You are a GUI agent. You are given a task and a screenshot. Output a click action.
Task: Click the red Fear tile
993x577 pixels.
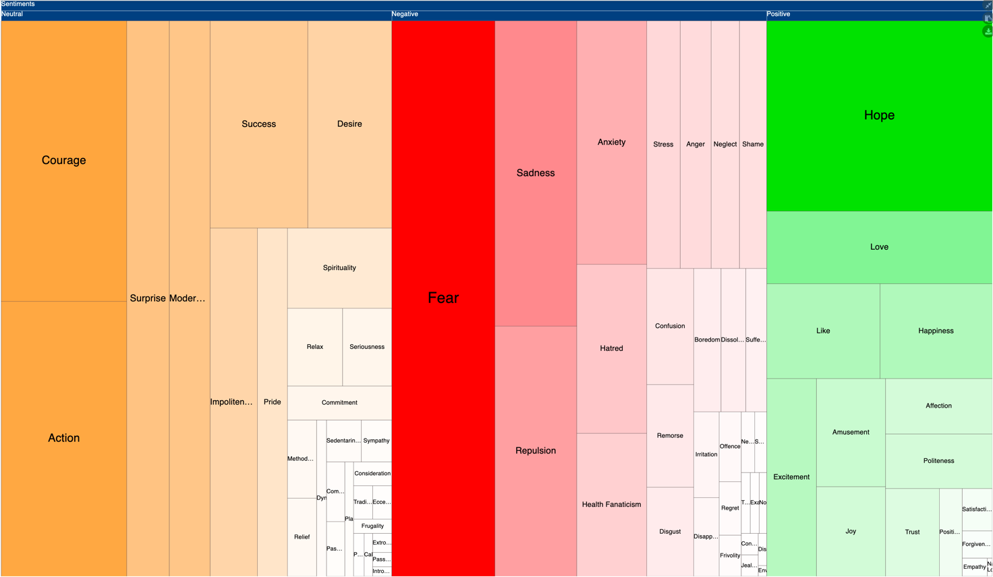tap(443, 298)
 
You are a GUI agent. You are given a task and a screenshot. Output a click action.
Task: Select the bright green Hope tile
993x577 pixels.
tap(879, 115)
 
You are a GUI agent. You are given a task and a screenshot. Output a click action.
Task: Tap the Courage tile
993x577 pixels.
tap(63, 161)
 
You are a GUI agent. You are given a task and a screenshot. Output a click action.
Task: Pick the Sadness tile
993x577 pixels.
tap(536, 173)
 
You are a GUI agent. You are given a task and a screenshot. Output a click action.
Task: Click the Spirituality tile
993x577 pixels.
tap(339, 268)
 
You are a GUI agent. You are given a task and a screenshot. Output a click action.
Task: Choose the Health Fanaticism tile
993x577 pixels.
tap(611, 504)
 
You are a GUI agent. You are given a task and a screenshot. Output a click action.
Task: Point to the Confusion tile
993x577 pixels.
tap(670, 326)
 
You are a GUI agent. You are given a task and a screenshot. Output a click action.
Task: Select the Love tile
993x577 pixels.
tap(879, 247)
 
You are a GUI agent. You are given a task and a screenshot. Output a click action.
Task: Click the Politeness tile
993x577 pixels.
tap(938, 461)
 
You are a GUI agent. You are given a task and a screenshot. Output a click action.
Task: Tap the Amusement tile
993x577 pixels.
tap(851, 432)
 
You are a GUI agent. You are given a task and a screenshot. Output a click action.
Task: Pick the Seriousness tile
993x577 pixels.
tap(367, 347)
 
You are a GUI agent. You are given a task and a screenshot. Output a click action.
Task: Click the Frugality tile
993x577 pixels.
tap(372, 526)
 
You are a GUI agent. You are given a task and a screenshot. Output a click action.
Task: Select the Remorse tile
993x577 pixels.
tap(670, 436)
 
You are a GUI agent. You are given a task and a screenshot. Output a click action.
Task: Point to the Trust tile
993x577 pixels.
tap(912, 532)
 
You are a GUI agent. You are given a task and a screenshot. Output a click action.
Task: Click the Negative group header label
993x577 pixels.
tap(405, 14)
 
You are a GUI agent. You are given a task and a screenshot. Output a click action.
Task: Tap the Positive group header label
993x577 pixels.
tap(778, 14)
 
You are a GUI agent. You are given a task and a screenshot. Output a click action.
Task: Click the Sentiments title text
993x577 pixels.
tap(18, 4)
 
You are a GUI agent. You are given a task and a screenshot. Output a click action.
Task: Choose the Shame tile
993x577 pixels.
tap(753, 144)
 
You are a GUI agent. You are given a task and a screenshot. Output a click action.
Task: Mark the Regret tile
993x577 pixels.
tap(730, 508)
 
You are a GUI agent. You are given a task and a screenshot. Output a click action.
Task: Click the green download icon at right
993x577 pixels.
tap(988, 31)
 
